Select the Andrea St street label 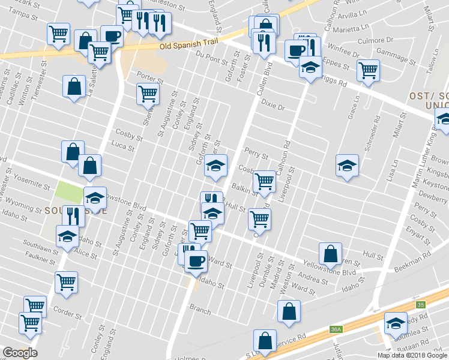[x=313, y=277]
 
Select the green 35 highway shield [x=421, y=305]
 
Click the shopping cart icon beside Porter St [x=148, y=94]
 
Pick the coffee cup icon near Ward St [x=195, y=261]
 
